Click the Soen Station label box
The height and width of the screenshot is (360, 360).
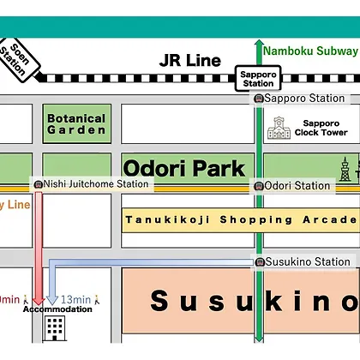point(18,60)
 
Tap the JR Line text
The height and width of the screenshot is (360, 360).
point(190,60)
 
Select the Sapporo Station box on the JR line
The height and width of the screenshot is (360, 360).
point(258,79)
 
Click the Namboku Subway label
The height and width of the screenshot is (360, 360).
point(310,51)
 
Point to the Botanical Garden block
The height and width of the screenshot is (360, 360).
point(77,123)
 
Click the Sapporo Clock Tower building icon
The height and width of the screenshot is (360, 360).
point(279,128)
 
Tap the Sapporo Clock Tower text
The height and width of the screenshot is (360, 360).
point(321,128)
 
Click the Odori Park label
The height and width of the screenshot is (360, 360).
point(184,168)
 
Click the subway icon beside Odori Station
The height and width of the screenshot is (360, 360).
point(259,186)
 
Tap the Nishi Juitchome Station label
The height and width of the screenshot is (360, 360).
point(96,184)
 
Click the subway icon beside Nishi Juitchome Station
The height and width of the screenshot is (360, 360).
point(38,184)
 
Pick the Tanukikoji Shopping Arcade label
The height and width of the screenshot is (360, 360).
point(242,219)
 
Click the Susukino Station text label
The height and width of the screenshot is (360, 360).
point(308,261)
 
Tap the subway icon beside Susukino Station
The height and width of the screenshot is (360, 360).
point(260,261)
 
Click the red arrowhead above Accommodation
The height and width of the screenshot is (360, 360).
point(39,301)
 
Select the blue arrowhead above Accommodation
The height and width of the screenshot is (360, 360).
point(52,299)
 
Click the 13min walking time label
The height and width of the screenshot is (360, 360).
point(75,299)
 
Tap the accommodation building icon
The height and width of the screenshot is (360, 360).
point(55,328)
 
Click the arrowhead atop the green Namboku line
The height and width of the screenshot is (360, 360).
point(259,42)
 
